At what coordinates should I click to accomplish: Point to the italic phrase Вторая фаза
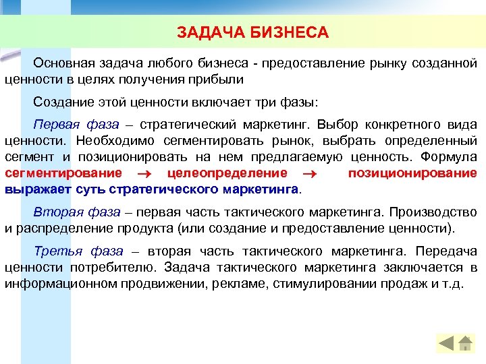(76, 212)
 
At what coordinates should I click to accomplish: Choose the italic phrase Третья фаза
(78, 251)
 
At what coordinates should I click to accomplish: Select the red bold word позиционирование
(412, 173)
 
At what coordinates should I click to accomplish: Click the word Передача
(447, 251)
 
